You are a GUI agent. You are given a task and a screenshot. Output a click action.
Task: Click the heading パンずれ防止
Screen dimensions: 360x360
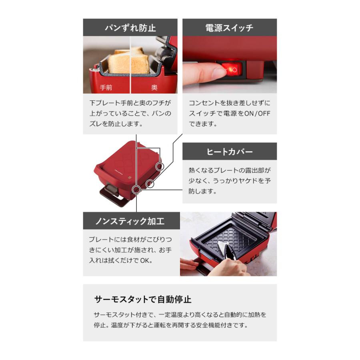tap(130, 28)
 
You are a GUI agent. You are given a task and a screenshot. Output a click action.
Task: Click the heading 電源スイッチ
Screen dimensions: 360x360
tap(229, 28)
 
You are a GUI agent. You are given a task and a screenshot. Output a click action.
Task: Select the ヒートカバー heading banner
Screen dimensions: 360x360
tap(229, 152)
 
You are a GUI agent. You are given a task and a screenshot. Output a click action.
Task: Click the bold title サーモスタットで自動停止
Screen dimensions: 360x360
tap(143, 299)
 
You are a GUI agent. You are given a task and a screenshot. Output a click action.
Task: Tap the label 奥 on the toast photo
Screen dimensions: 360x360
tap(154, 87)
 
